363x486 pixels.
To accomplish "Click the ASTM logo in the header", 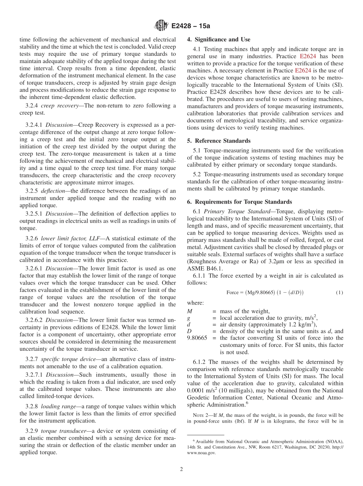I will coord(161,26).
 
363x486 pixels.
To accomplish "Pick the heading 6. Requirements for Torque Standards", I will coord(240,202).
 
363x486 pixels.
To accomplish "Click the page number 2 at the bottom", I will coord(181,470).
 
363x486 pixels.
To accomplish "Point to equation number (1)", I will coord(339,293).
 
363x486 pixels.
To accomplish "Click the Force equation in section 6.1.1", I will coord(265,293).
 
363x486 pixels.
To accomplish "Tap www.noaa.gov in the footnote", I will coord(201,453).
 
